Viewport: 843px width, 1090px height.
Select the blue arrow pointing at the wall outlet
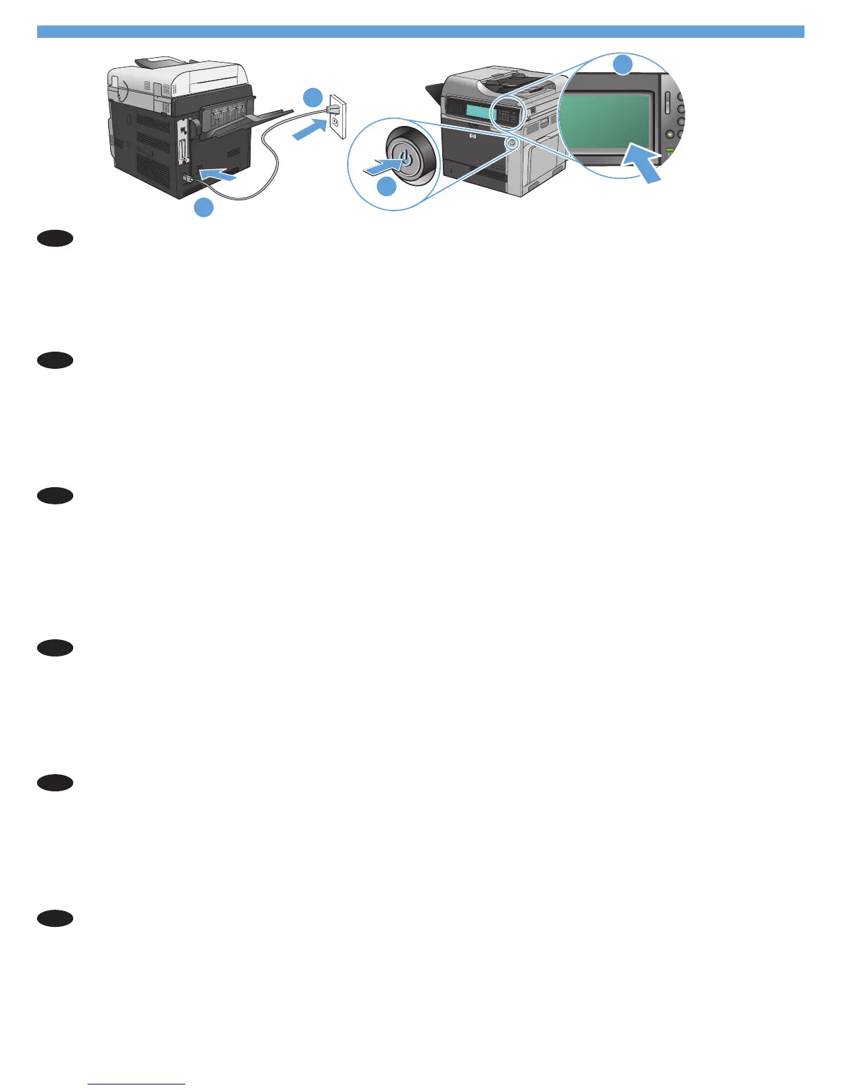coord(309,129)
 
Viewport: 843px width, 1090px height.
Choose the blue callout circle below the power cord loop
coord(203,207)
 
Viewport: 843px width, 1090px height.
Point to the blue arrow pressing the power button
coord(380,166)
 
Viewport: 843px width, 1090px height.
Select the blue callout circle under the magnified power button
coord(386,186)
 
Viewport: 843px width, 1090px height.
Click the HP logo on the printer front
coord(472,136)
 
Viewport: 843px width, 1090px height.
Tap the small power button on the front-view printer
coord(511,142)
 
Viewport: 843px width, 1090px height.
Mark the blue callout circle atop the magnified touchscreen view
coord(623,65)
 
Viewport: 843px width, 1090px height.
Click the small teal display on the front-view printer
coord(477,111)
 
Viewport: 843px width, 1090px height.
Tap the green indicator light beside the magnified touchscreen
coord(669,149)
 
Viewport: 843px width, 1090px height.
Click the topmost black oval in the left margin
coord(55,239)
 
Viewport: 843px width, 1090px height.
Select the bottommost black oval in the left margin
coord(55,918)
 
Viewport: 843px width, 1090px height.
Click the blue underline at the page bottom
coord(137,1084)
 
